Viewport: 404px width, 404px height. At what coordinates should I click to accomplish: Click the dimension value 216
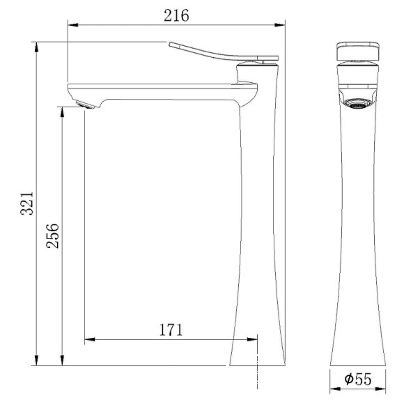[x=176, y=15]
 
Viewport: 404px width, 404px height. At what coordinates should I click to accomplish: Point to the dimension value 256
[x=51, y=236]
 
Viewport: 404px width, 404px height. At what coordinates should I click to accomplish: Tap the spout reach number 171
[x=170, y=329]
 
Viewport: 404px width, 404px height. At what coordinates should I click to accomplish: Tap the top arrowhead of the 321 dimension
[x=36, y=46]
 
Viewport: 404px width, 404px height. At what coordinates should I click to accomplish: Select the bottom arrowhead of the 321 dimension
[x=36, y=361]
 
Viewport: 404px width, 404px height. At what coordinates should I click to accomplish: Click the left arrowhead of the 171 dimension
[x=88, y=340]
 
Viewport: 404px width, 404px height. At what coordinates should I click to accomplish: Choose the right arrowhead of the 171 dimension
[x=254, y=340]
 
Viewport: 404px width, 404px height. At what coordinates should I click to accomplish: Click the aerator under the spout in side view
[x=83, y=105]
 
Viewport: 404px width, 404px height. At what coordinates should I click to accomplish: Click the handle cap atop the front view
[x=358, y=52]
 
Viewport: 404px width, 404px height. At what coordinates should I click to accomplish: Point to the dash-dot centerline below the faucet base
[x=258, y=380]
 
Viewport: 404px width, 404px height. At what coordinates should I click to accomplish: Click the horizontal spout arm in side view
[x=160, y=91]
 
